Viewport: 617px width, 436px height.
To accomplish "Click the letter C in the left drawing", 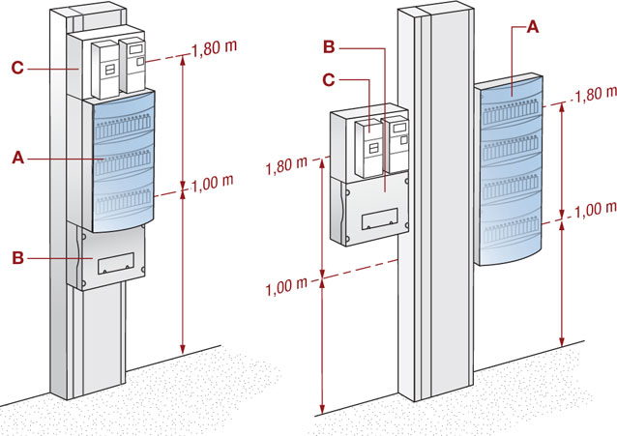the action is pos(17,68).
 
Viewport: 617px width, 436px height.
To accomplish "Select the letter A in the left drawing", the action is pos(18,159).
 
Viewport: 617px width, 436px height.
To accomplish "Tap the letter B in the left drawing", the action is pos(18,258).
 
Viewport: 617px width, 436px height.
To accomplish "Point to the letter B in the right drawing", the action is pos(329,46).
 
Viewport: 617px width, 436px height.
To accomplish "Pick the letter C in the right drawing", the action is pos(329,80).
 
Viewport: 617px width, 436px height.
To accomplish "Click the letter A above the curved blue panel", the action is pos(533,27).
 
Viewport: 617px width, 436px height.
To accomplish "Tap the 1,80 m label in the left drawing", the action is pos(214,48).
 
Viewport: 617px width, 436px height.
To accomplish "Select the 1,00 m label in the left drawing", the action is pos(213,183).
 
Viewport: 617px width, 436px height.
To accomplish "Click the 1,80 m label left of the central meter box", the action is pos(286,165).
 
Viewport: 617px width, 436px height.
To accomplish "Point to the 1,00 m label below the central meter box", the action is pos(286,286).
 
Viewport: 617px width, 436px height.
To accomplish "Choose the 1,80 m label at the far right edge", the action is pos(596,94).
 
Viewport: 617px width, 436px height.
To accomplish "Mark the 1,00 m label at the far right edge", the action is pos(596,210).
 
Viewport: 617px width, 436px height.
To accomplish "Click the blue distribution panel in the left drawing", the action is pos(124,161).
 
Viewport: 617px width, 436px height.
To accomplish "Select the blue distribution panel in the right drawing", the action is pos(510,169).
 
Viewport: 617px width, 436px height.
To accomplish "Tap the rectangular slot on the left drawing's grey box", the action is pos(116,263).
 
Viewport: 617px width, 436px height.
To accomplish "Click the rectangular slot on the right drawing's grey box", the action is pos(379,218).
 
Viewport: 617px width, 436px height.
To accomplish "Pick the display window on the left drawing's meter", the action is pos(136,49).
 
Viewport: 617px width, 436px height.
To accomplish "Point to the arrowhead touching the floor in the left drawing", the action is pos(182,349).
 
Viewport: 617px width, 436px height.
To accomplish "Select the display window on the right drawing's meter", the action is pos(399,127).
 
